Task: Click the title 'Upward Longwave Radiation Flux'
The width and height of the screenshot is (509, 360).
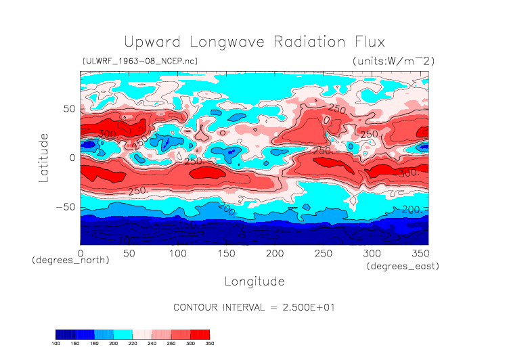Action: (254, 41)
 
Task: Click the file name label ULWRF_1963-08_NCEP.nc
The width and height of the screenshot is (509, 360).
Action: (139, 61)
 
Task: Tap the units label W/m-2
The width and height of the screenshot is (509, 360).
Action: (393, 61)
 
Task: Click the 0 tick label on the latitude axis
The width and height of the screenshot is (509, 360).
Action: (71, 158)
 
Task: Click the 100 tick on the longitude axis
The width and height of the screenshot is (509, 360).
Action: (177, 252)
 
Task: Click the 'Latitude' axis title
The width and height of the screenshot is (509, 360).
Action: (44, 157)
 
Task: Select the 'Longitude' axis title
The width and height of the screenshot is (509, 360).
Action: (254, 281)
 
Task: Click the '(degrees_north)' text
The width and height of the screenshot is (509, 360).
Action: (70, 260)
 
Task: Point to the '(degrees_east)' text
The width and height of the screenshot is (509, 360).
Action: (403, 267)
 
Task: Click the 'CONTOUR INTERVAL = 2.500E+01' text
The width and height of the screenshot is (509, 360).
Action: (254, 307)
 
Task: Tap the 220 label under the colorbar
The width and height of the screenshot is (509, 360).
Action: (133, 343)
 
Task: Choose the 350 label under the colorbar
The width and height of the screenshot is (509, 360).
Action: (209, 343)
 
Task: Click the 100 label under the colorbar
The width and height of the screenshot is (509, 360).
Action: (56, 343)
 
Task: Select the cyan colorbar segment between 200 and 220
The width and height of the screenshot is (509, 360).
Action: (123, 334)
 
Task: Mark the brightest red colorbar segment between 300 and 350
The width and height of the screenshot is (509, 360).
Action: (200, 334)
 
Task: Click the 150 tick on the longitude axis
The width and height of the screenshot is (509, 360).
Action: (226, 252)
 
